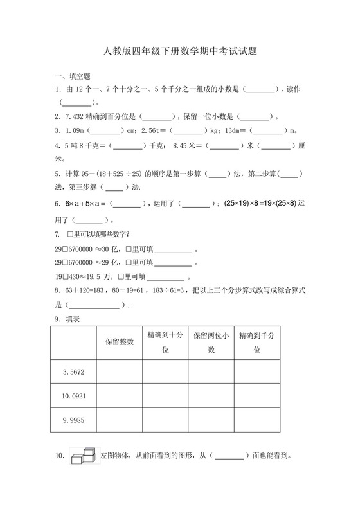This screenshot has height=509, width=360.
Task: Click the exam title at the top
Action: coord(180,51)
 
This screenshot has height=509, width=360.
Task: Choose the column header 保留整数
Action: coord(119,342)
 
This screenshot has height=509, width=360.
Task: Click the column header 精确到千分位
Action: coord(256,342)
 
